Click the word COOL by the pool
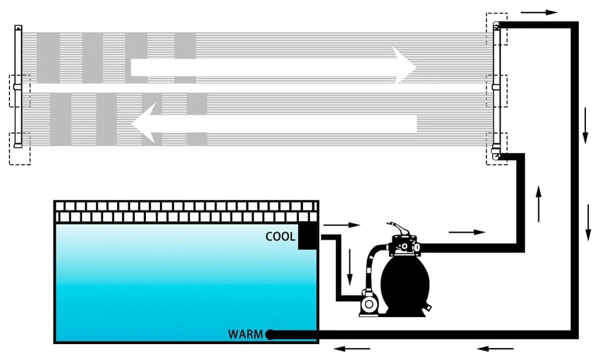click(x=280, y=237)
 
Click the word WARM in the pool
click(x=246, y=335)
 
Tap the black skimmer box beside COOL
click(x=309, y=236)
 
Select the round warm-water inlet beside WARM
click(x=270, y=335)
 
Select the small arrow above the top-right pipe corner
click(x=538, y=12)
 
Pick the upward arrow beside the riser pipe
click(x=538, y=203)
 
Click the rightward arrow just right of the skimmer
click(x=341, y=225)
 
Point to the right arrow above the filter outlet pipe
click(x=467, y=232)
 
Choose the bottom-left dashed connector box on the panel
click(x=20, y=148)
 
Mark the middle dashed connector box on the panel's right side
click(x=497, y=91)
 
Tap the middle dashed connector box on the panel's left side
click(x=19, y=91)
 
